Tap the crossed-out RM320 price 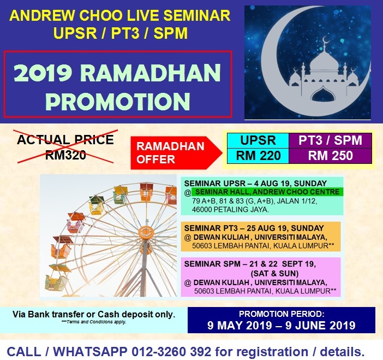[x=65, y=155]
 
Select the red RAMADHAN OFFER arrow [x=176, y=153]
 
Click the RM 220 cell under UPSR [x=258, y=156]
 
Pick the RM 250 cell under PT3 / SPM [x=330, y=156]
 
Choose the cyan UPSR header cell [x=258, y=140]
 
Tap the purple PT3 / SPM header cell [x=330, y=140]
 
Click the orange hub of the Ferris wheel [x=146, y=232]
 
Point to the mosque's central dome [x=325, y=63]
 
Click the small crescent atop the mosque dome [x=325, y=39]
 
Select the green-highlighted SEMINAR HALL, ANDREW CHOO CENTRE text [x=267, y=192]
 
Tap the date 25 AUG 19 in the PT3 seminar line [x=267, y=228]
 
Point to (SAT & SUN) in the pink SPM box [x=274, y=273]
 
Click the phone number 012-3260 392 [x=171, y=352]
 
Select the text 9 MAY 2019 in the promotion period [x=240, y=325]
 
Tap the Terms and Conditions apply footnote [x=94, y=322]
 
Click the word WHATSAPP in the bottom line [x=90, y=352]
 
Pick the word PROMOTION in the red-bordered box [x=117, y=102]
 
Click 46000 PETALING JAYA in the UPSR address [x=230, y=210]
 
